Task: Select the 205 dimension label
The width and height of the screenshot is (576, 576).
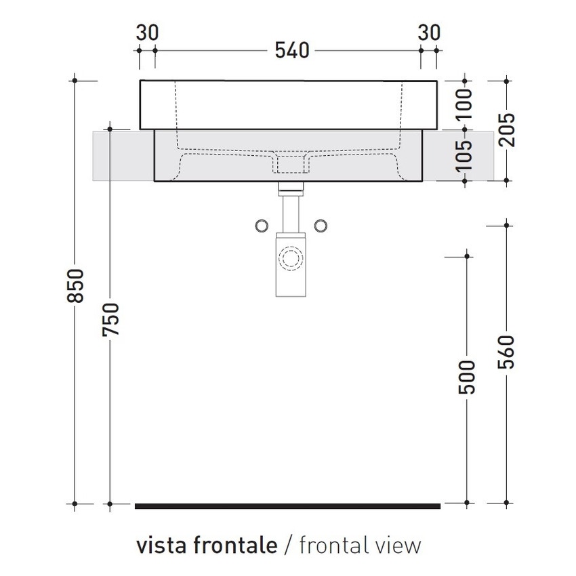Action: (x=508, y=129)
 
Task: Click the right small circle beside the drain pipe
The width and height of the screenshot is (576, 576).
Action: (x=322, y=225)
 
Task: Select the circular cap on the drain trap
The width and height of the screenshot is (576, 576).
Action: (x=291, y=258)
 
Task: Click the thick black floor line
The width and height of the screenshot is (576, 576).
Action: (x=288, y=506)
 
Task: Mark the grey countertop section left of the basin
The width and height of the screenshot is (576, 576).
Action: (x=122, y=156)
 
